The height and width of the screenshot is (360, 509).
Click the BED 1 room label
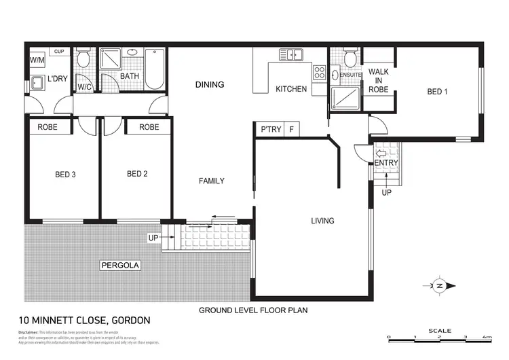(437, 92)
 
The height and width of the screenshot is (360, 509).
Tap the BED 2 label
(137, 174)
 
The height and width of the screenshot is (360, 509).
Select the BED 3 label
(65, 175)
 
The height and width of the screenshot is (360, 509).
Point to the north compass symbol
(439, 286)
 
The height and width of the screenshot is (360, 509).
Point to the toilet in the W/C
(83, 59)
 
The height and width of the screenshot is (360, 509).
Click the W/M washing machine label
(36, 60)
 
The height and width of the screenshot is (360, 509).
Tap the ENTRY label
(386, 163)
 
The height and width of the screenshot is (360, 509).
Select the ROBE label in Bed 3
(47, 127)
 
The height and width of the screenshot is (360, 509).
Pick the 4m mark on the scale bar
(487, 337)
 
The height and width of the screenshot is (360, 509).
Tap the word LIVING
(322, 221)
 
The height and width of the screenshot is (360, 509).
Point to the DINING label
(210, 85)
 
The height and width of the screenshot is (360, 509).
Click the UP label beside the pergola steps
(153, 238)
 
